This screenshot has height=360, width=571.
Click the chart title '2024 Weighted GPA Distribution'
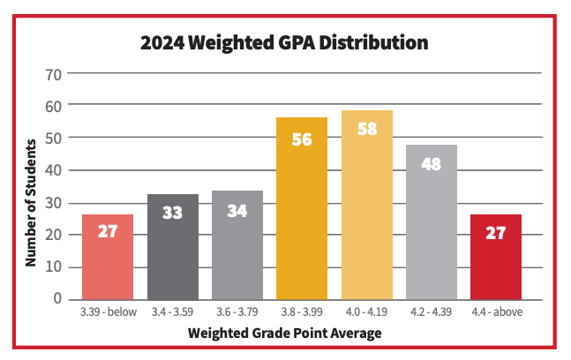click(x=285, y=42)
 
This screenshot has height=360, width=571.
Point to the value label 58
click(x=366, y=129)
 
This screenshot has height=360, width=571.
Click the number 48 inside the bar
click(x=431, y=164)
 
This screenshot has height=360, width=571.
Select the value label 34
click(x=237, y=212)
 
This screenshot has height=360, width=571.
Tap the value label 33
click(x=172, y=214)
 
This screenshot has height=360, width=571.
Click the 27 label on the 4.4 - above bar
click(x=495, y=233)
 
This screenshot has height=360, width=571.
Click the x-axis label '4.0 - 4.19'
click(x=366, y=313)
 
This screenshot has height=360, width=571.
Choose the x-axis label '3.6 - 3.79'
click(x=237, y=313)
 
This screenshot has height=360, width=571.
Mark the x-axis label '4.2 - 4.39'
click(x=431, y=313)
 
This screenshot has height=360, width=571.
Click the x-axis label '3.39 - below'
click(x=108, y=313)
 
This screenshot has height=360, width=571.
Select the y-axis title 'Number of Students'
click(x=30, y=202)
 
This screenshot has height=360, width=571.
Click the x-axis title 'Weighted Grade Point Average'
click(x=284, y=334)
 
